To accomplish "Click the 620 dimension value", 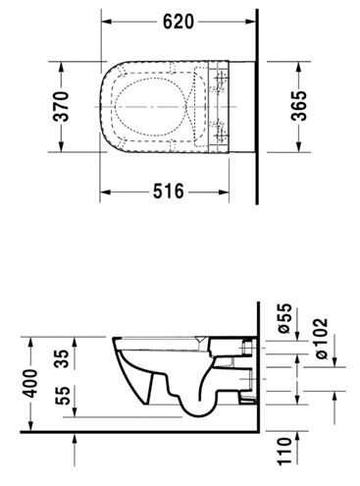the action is [179, 22].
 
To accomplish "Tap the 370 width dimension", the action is [61, 107].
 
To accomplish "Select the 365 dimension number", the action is [299, 105].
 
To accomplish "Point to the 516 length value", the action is [169, 191].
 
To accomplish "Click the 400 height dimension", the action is [31, 383].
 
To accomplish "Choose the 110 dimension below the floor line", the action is [284, 451].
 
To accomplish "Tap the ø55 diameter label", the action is [283, 318].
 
